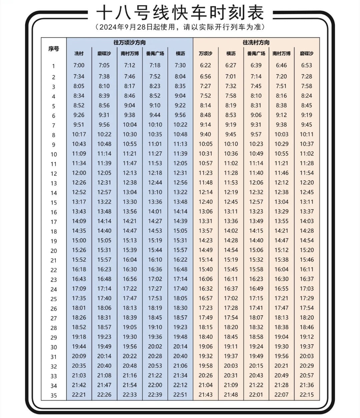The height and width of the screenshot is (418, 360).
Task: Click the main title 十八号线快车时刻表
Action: tap(180, 13)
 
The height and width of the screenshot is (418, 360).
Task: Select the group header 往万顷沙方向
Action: tap(130, 43)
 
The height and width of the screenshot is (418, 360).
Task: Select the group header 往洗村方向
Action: tap(256, 43)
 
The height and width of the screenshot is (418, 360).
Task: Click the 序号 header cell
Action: tap(54, 49)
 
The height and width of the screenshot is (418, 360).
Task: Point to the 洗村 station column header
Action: tap(79, 53)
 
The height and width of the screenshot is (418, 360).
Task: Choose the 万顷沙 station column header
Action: tap(205, 53)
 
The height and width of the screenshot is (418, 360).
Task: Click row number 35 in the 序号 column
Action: tap(54, 396)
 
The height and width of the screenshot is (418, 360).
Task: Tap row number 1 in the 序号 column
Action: tap(53, 66)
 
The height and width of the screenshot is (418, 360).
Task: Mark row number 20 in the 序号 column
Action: tap(54, 251)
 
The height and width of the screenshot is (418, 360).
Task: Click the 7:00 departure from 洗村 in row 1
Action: tap(79, 65)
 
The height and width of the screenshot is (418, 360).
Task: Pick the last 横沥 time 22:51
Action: tap(180, 395)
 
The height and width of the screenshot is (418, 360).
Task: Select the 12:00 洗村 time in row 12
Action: tap(79, 173)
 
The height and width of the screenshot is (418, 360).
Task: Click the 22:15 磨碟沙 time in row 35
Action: tap(307, 395)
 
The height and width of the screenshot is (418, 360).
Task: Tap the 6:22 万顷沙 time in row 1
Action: tap(205, 65)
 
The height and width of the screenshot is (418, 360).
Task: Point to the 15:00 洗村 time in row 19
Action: tap(79, 240)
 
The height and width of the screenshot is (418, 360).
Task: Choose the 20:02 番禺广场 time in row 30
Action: tap(155, 347)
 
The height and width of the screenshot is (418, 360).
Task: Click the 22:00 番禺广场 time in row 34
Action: tap(155, 385)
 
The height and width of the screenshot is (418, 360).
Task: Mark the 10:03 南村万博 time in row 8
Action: tap(281, 134)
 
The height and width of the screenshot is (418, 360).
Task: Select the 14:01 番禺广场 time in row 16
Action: tap(155, 212)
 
